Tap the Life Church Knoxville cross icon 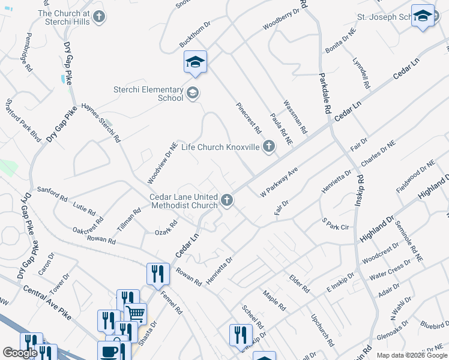tap(269, 146)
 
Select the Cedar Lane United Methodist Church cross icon tap(226, 200)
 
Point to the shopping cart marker tap(136, 313)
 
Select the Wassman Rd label tap(295, 117)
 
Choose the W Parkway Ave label tap(279, 182)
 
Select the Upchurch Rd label tap(322, 329)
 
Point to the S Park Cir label tap(335, 224)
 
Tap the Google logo tap(20, 353)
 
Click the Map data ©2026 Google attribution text tap(412, 355)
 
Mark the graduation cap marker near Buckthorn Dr tap(196, 62)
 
